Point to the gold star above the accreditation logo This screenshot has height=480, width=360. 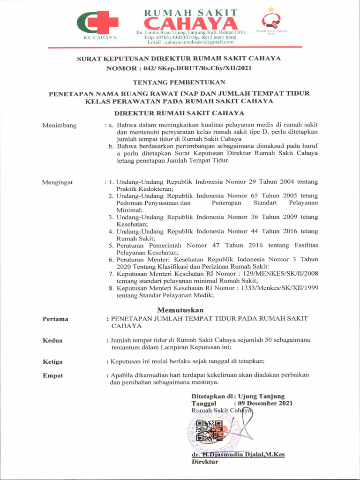pyautogui.click(x=271, y=9)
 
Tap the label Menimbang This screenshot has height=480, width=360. pyautogui.click(x=59, y=126)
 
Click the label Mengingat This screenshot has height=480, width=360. pyautogui.click(x=58, y=182)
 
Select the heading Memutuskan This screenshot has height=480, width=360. pyautogui.click(x=180, y=310)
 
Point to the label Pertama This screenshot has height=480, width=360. pyautogui.click(x=55, y=319)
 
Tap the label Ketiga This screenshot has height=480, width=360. pyautogui.click(x=52, y=362)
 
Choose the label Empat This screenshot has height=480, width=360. pyautogui.click(x=52, y=375)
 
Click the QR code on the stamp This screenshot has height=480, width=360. pyautogui.click(x=209, y=431)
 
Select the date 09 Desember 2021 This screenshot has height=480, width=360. pyautogui.click(x=265, y=403)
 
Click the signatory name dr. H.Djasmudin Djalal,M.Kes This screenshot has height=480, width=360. pyautogui.click(x=238, y=454)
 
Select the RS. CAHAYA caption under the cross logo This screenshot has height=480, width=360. pyautogui.click(x=100, y=37)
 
